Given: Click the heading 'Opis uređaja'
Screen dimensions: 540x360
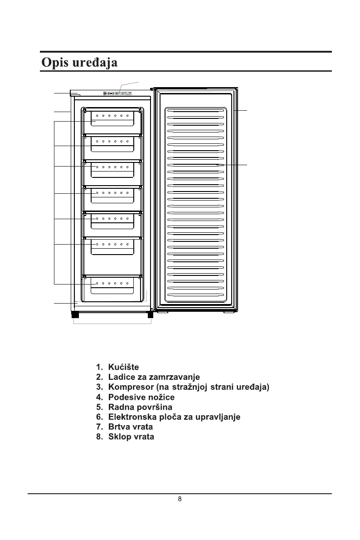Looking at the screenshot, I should click(79, 62).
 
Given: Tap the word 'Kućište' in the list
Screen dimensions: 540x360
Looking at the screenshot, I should click(123, 367).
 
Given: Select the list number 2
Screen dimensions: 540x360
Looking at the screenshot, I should click(98, 377).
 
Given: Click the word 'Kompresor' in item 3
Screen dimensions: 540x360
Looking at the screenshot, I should click(130, 387).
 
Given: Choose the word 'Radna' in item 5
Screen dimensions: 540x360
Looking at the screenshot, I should click(119, 407).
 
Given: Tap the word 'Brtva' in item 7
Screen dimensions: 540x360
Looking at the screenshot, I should click(119, 427).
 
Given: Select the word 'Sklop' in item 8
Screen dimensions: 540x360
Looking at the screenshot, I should click(119, 437).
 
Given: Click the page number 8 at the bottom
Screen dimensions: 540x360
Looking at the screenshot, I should click(180, 499).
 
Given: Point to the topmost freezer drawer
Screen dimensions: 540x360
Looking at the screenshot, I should click(112, 118).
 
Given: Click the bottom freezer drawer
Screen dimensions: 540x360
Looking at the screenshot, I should click(112, 287).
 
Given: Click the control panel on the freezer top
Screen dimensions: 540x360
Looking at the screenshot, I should click(117, 93).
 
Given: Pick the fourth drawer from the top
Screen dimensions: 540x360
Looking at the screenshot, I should click(112, 196).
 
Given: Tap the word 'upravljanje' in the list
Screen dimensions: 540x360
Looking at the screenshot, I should click(218, 417).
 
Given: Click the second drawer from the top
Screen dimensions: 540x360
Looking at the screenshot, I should click(112, 144).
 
